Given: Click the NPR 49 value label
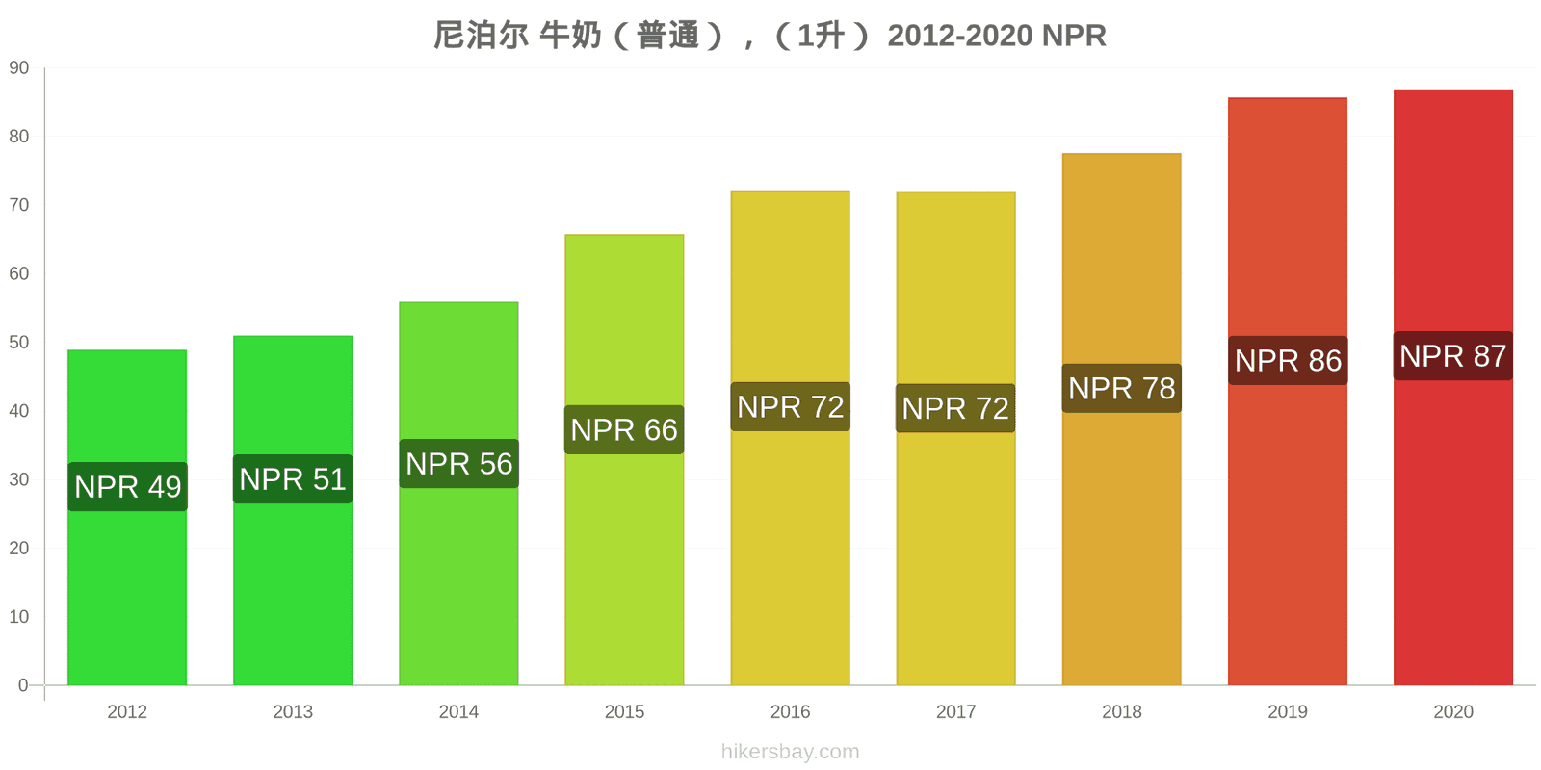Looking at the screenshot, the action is pos(127,487).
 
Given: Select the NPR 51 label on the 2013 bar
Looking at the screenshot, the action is pos(293,479).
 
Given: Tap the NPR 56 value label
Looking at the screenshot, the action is pos(458,463).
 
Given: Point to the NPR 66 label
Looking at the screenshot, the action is pos(624,429).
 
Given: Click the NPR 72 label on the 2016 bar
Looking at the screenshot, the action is pos(791,407).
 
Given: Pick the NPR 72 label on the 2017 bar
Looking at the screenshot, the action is pos(955,408).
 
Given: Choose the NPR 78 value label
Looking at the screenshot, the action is pos(1122,389).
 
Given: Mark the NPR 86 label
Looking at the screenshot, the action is pos(1288,360).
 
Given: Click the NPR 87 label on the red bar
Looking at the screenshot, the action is pos(1453,356).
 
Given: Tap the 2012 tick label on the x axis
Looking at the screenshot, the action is pos(127,711).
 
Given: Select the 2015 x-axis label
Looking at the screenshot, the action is pos(625,711).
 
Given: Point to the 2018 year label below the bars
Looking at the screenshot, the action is pos(1122,711).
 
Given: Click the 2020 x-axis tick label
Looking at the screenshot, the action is pos(1453,711).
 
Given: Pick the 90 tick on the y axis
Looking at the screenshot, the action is pos(19,68).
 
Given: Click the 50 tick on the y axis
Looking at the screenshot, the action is pos(19,343).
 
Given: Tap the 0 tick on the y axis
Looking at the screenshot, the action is pos(23,685).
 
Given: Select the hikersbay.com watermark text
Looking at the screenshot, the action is pos(791,752).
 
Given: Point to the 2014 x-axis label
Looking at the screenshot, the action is pos(458,711).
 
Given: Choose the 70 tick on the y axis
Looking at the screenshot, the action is pos(19,205).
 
